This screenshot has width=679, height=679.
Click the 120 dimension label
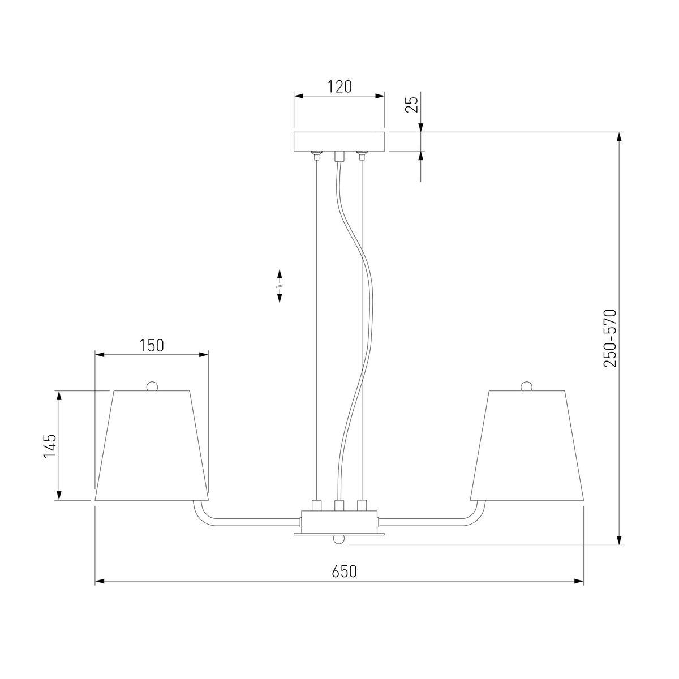click(x=339, y=87)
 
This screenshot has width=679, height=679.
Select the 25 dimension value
click(x=411, y=104)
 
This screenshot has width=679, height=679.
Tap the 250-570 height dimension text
click(x=609, y=338)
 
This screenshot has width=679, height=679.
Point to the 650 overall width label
click(x=344, y=582)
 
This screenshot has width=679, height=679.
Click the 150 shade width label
click(x=152, y=346)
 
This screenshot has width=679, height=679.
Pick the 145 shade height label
click(x=50, y=446)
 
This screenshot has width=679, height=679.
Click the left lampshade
click(x=152, y=445)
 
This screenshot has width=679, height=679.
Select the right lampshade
click(x=527, y=445)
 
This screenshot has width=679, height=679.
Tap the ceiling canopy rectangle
click(x=339, y=141)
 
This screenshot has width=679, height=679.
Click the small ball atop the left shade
click(x=152, y=386)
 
